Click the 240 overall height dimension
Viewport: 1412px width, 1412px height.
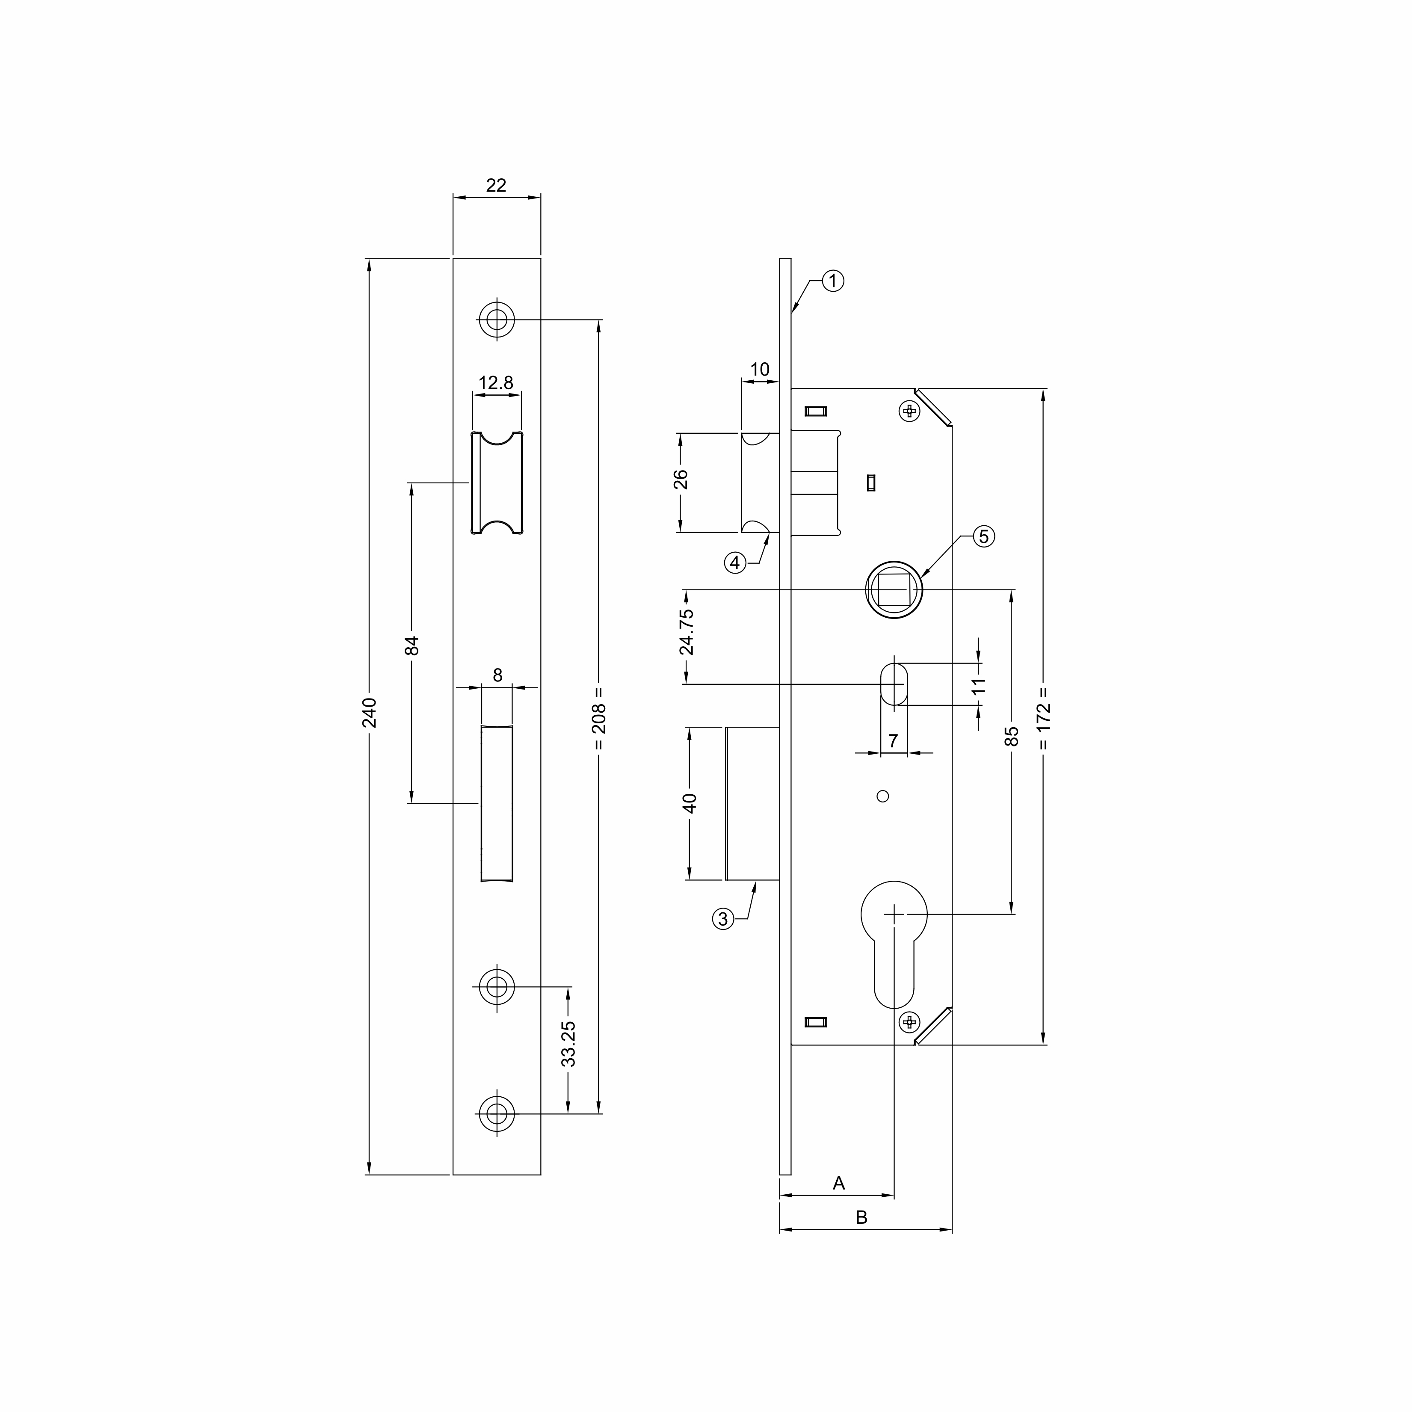pyautogui.click(x=370, y=713)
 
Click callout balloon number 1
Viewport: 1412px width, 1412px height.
pyautogui.click(x=833, y=281)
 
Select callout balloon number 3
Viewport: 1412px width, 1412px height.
pyautogui.click(x=723, y=919)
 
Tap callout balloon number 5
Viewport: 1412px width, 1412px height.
pyautogui.click(x=984, y=536)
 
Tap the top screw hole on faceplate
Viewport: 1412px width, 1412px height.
pyautogui.click(x=497, y=320)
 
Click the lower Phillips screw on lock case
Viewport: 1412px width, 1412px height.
pyautogui.click(x=909, y=1022)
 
